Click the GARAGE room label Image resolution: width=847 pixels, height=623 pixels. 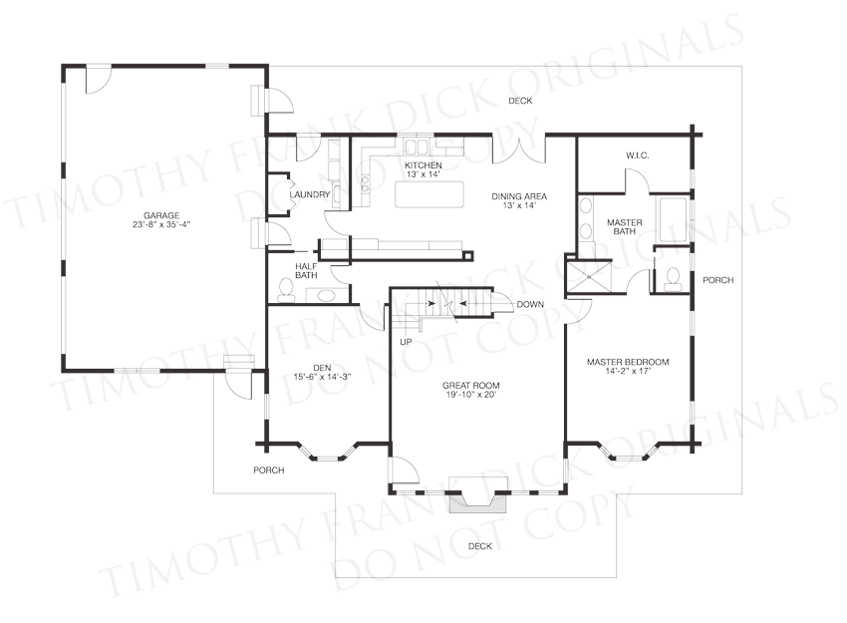(161, 215)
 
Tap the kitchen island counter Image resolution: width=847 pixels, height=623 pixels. (429, 194)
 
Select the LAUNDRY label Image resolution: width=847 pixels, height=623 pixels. (310, 194)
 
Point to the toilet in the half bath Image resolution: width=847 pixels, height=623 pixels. (286, 290)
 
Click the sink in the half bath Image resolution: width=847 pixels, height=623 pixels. (325, 296)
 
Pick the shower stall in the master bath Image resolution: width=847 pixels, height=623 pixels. (589, 277)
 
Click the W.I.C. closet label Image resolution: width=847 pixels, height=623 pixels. (638, 156)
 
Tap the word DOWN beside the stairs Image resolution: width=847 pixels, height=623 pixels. (530, 305)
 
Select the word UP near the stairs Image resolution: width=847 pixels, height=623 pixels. (406, 342)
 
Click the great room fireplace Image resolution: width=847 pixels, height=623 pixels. (479, 495)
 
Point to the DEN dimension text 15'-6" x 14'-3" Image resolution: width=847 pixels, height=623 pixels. (322, 377)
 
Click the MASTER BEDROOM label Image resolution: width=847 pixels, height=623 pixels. (628, 362)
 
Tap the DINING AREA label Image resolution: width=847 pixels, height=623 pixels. (519, 196)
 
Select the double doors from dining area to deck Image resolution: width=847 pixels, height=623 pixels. (518, 150)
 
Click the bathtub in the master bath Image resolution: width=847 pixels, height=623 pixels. (672, 219)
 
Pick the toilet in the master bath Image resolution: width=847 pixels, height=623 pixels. (673, 279)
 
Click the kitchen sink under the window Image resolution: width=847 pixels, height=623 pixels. (417, 148)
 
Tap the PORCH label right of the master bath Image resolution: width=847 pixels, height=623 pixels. (717, 280)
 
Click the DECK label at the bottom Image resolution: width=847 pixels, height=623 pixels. (479, 546)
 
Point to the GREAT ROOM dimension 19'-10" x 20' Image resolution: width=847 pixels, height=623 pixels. (470, 395)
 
